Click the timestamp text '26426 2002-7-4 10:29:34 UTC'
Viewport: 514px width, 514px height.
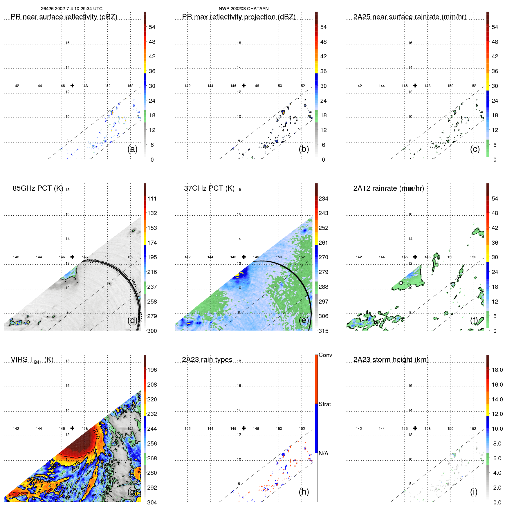pos(71,9)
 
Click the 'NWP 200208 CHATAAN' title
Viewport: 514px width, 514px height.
pos(244,9)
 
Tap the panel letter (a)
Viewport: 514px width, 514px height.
pos(132,149)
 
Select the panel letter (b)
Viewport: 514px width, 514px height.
pos(304,149)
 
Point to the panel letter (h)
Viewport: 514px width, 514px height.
pos(304,492)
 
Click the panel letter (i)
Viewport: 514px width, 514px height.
pos(474,492)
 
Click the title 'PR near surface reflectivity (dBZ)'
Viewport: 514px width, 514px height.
pos(64,17)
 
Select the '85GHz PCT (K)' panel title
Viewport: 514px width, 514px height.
pos(38,188)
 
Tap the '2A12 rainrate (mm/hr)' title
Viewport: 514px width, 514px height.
pos(389,188)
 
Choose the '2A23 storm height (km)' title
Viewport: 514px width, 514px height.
pos(391,360)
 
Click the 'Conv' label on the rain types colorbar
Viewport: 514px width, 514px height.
pos(325,355)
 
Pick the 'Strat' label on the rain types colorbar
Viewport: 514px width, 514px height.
pos(325,404)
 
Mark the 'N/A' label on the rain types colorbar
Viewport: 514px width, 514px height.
pos(324,453)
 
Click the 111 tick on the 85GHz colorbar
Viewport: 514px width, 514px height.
pos(152,199)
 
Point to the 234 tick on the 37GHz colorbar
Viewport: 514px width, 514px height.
pos(323,199)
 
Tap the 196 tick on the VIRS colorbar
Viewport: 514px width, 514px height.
pos(152,370)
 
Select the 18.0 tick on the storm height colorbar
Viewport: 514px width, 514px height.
pos(497,370)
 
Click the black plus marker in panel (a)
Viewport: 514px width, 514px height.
pos(72,85)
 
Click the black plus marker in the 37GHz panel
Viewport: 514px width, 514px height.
pos(244,257)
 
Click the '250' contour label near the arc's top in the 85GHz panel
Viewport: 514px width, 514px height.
pos(91,261)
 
